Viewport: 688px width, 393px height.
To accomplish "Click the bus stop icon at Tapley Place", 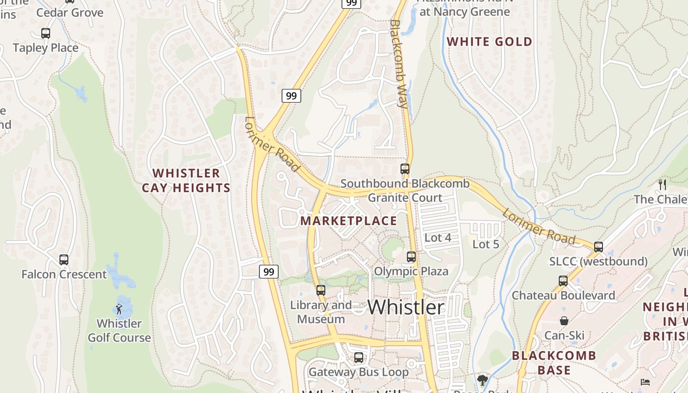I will point(46,33).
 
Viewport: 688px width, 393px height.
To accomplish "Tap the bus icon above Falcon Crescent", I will point(64,259).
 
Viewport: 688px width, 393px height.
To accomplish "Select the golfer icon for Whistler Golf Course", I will point(119,309).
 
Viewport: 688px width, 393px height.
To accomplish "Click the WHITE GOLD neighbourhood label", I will point(489,42).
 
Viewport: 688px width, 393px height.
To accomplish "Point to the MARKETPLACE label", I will point(348,221).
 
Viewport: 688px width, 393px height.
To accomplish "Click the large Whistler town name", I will point(406,307).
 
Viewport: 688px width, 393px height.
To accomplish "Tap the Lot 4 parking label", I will point(437,238).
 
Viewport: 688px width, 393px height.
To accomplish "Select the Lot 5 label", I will point(486,244).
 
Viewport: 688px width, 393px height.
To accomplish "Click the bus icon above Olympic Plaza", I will point(411,257).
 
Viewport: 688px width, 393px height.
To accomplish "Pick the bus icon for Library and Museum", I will point(321,290).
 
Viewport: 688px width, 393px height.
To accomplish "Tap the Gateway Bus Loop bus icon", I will point(359,358).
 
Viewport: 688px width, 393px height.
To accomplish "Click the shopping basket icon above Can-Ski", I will point(564,321).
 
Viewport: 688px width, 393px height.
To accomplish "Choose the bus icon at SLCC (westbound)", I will point(599,247).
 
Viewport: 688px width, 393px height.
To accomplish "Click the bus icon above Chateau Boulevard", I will point(563,281).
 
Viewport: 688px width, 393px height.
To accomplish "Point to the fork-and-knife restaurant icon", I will point(662,185).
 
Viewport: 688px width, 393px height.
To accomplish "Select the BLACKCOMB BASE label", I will point(554,363).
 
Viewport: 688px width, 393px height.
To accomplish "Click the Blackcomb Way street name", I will point(399,64).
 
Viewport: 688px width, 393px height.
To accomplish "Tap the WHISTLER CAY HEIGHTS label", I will point(186,180).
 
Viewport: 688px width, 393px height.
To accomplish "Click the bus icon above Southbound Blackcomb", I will point(405,169).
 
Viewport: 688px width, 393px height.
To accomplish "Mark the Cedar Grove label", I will point(70,12).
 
